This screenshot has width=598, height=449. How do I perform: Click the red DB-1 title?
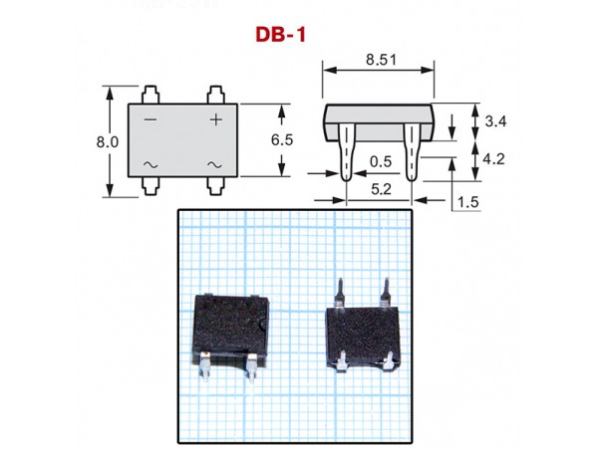coord(281,34)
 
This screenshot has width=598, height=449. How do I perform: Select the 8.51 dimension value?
coord(379,60)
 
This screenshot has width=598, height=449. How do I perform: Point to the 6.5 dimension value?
coord(281,140)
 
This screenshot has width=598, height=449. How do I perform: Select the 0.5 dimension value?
coord(380,160)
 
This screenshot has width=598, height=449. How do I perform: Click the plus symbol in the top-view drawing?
coord(215,119)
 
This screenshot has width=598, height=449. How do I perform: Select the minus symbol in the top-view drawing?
coord(150,119)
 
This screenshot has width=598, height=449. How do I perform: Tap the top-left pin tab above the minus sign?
coord(150,96)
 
